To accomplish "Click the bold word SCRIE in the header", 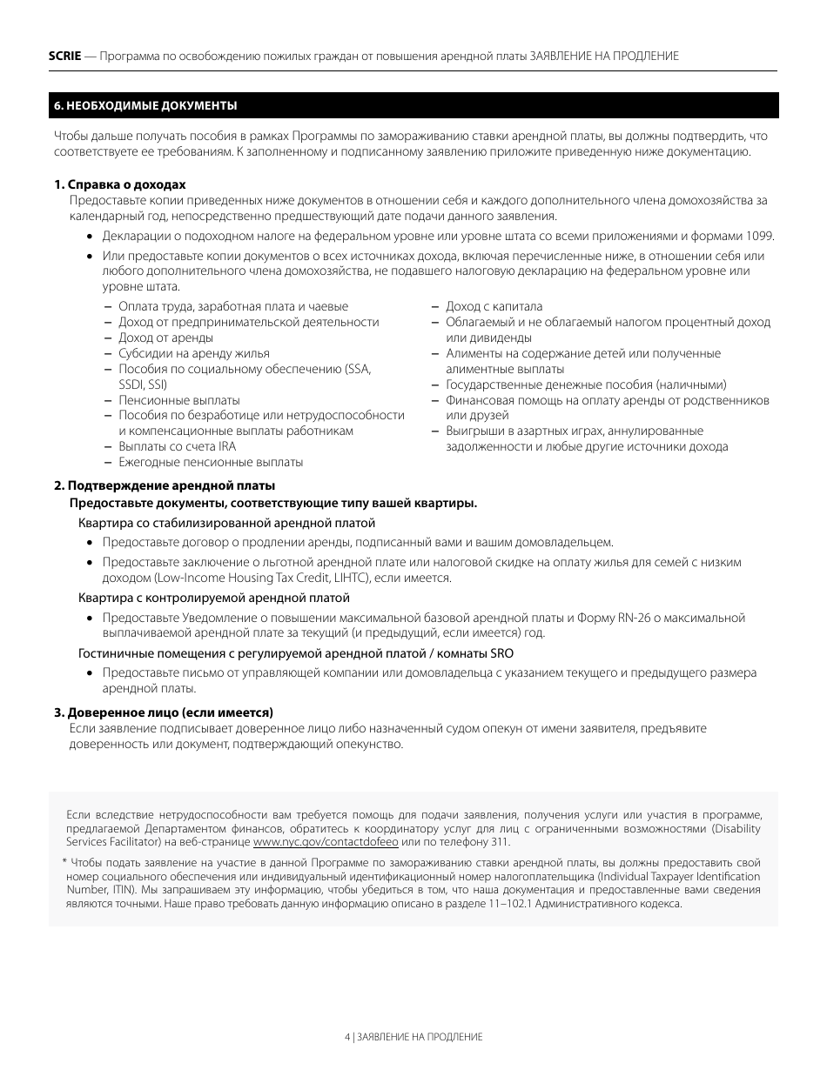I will [64, 56].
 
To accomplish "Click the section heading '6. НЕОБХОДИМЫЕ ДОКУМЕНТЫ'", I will [145, 105].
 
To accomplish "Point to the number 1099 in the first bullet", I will [760, 236].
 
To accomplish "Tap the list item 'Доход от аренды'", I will [165, 338].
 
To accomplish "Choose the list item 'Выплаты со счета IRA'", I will [177, 447].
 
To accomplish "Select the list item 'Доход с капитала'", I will [494, 306].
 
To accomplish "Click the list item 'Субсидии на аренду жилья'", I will [193, 353].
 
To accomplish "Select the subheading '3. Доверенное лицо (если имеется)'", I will [164, 712].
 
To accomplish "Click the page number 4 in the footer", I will [347, 1037].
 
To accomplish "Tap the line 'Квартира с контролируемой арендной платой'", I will [213, 599].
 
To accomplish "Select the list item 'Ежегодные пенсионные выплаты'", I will [211, 463].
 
